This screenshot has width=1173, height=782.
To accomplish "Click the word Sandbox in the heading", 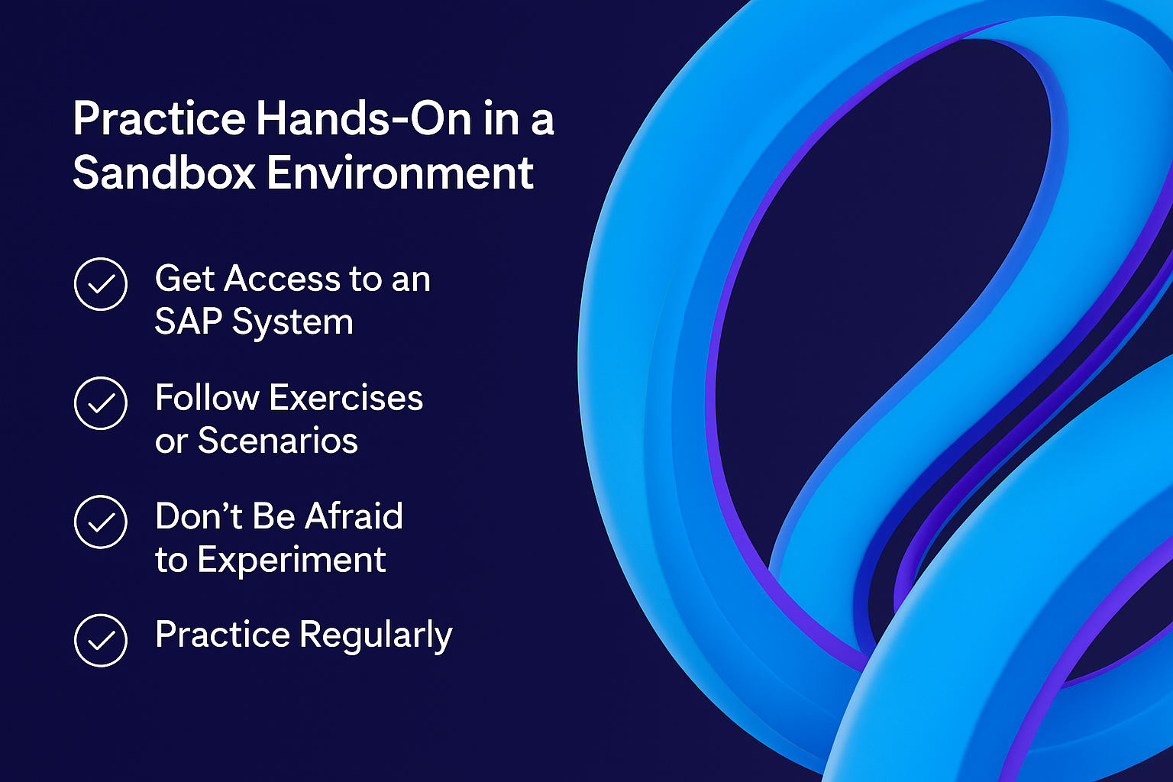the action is click(164, 173).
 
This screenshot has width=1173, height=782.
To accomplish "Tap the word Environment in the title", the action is click(401, 173).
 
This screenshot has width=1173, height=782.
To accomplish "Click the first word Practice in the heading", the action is click(159, 118).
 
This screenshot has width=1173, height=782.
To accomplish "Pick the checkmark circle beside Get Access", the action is click(101, 284).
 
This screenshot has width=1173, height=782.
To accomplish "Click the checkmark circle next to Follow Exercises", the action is click(101, 403).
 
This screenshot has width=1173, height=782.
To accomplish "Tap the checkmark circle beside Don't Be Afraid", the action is click(101, 522).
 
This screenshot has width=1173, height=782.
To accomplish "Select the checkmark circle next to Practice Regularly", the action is click(101, 641).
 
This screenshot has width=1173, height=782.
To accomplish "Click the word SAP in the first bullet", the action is click(189, 321).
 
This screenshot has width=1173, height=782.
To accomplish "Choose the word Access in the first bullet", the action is click(283, 279).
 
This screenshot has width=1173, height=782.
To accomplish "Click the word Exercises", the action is click(346, 398).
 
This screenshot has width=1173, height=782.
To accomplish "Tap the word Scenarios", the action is click(278, 441).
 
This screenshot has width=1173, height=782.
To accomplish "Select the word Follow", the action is click(208, 398).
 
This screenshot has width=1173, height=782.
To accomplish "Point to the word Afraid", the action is click(354, 516).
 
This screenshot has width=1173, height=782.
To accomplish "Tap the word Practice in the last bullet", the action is click(222, 635).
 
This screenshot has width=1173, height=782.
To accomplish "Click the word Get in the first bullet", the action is click(184, 279).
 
